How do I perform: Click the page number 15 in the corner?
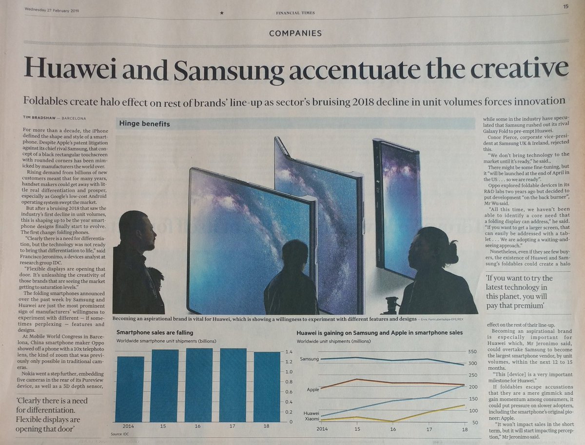pyautogui.click(x=565, y=6)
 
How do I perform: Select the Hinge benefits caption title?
pyautogui.click(x=145, y=124)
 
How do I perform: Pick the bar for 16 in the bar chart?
pyautogui.click(x=199, y=385)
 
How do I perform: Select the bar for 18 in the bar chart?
pyautogui.click(x=267, y=387)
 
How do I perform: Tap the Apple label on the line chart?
pyautogui.click(x=313, y=389)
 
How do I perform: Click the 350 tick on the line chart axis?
pyautogui.click(x=472, y=351)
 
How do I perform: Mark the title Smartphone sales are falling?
pyautogui.click(x=155, y=332)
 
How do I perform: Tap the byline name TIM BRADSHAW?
pyautogui.click(x=41, y=117)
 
